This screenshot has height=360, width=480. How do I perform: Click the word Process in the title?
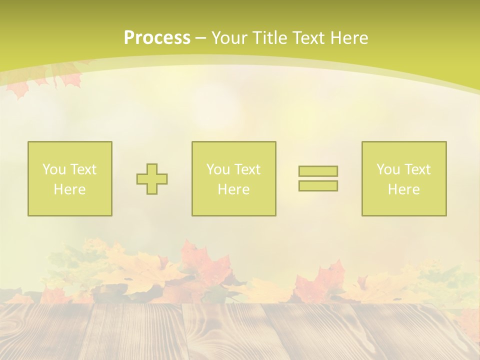click(x=157, y=38)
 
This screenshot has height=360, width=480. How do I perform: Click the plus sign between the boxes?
click(x=152, y=179)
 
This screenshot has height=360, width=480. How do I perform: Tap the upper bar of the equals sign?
click(x=318, y=171)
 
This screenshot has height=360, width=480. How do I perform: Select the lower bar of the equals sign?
click(x=318, y=185)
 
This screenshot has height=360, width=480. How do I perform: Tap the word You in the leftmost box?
click(x=53, y=169)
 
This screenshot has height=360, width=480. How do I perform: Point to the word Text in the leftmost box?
click(x=82, y=169)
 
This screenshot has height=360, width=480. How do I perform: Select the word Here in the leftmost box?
click(x=69, y=189)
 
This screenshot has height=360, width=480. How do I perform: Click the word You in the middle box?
click(x=217, y=169)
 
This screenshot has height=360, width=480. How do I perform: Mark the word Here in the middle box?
click(x=233, y=189)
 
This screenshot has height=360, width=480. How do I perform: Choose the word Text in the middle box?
click(x=246, y=169)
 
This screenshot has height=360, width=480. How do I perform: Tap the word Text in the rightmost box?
click(x=416, y=169)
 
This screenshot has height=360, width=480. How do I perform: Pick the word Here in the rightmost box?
click(x=403, y=189)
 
